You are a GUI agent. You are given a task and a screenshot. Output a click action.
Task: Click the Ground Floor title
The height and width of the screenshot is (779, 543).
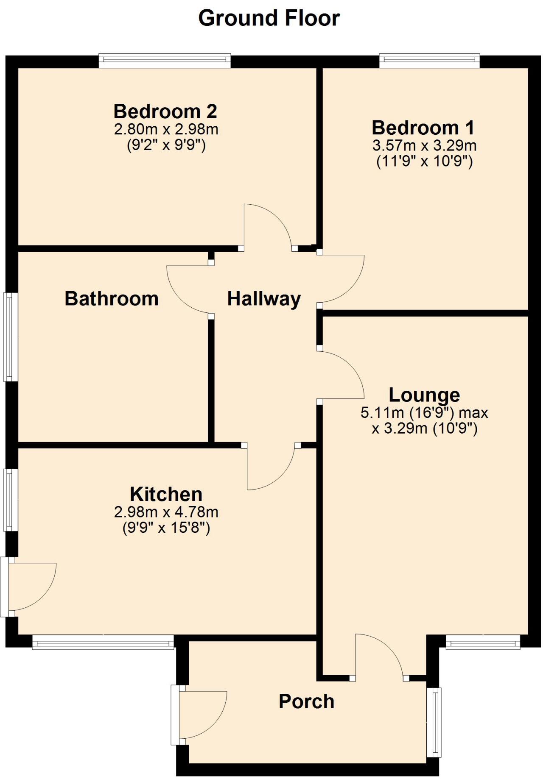pos(269,19)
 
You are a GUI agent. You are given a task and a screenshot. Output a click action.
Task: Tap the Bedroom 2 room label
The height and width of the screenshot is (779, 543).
pos(165,111)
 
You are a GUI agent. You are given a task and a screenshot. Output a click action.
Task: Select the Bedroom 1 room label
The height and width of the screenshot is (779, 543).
pos(423,128)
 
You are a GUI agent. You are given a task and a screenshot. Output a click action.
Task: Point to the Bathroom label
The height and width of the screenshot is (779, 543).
pos(112,299)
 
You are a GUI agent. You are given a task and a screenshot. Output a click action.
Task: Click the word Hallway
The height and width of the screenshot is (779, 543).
pos(264,299)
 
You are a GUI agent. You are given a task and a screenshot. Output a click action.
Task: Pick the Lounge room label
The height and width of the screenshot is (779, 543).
pos(424,395)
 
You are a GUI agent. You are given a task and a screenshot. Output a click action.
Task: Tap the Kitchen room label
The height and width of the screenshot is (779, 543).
pos(166,495)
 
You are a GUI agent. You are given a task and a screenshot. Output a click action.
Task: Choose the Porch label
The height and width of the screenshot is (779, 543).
pos(306,702)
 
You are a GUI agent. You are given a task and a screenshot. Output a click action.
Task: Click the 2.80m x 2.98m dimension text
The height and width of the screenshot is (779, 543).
pos(166,129)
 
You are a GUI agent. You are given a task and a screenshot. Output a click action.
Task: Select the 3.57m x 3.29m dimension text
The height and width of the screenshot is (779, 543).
pos(424,145)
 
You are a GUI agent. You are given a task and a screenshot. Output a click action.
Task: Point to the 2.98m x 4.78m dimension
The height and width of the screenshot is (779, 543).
pos(166,512)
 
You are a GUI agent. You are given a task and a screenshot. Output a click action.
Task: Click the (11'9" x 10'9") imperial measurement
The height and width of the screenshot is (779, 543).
pos(424,161)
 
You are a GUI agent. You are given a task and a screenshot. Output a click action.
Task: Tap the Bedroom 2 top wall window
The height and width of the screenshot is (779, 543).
pos(165,61)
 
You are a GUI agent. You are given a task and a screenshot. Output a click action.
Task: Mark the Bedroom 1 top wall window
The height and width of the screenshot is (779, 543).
pos(429,61)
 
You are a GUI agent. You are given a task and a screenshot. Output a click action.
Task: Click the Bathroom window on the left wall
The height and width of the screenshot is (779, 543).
pos(11,337)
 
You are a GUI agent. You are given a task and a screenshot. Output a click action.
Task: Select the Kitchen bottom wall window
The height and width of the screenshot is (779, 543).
pos(103,642)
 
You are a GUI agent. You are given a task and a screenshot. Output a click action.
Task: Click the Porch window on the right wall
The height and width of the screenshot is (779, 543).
pos(434,722)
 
